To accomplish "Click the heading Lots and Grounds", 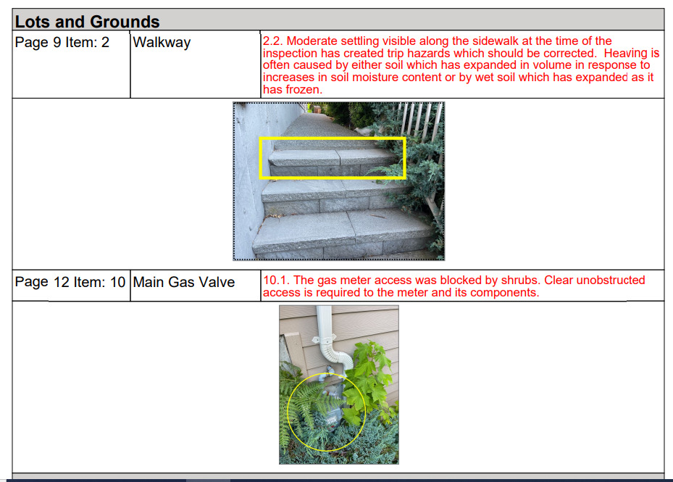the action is pos(87,22).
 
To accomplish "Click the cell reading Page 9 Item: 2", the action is pos(62,43).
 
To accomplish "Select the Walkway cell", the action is pos(162,43).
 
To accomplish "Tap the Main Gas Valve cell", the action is pos(184,282).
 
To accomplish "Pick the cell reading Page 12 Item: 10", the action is pos(70,282).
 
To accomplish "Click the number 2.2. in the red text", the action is pos(273,41).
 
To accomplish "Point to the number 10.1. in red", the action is pos(277,281).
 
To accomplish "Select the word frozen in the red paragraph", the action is pos(304,90).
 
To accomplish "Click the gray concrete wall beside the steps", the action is pos(251,172).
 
